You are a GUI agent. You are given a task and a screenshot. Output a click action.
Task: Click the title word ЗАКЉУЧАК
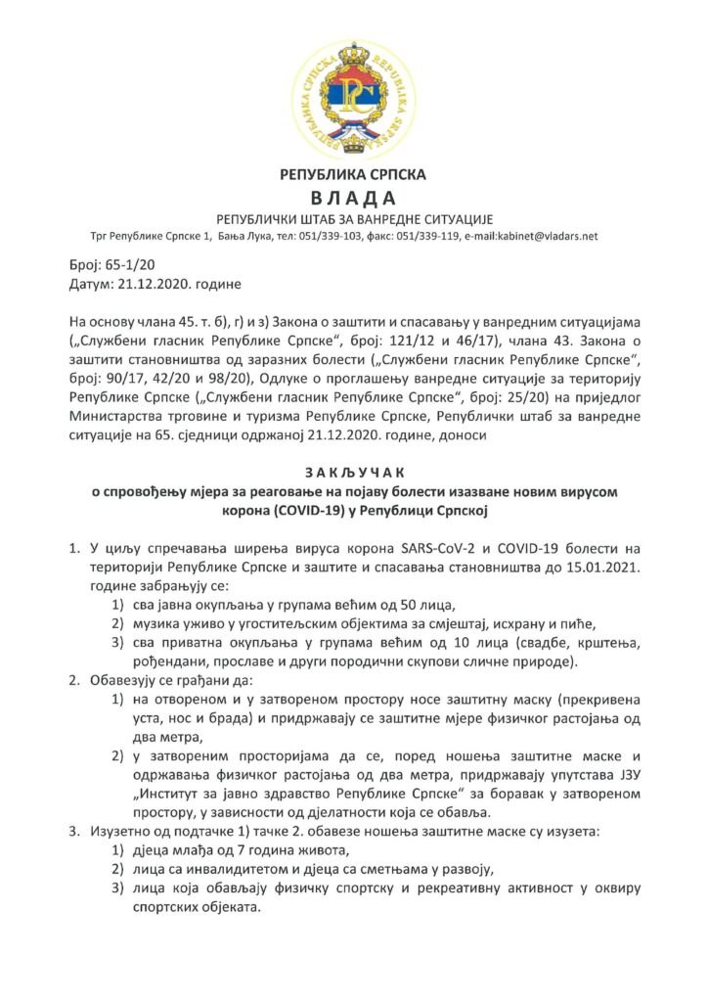(x=354, y=475)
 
